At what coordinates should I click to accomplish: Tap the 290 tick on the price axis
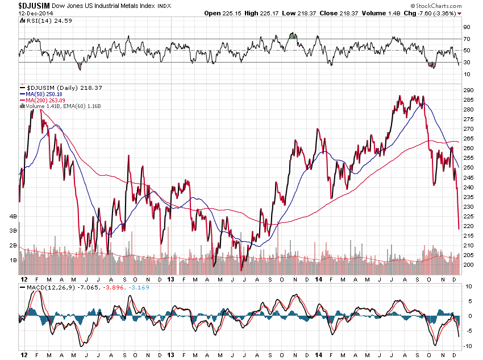point(468,90)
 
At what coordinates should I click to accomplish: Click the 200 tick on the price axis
point(468,265)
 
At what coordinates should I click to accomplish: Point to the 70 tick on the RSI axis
point(467,39)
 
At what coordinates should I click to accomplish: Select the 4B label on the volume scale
point(13,217)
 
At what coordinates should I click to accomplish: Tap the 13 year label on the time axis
point(171,280)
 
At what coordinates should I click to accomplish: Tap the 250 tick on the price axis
point(468,168)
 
